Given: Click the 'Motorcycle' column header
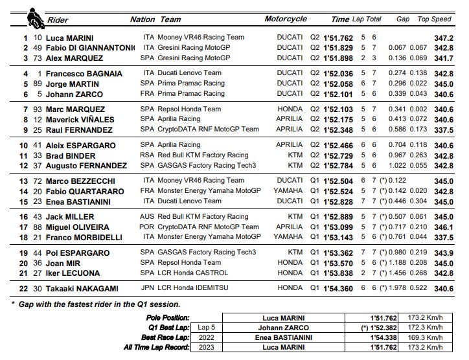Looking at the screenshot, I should [286, 19].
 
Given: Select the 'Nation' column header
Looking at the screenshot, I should [142, 19].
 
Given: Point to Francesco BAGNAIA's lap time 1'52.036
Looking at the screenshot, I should [337, 74].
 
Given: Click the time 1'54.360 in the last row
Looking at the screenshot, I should [337, 287].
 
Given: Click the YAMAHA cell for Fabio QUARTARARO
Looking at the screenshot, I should [287, 191].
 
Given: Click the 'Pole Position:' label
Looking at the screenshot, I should [168, 318].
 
